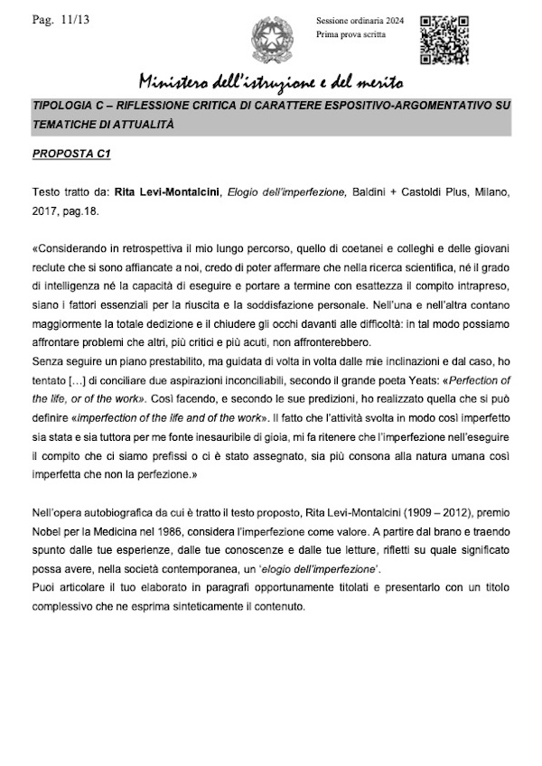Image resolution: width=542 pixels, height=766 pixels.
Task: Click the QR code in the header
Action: [x=444, y=33]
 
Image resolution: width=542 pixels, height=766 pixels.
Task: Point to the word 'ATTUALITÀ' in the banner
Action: [x=140, y=125]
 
